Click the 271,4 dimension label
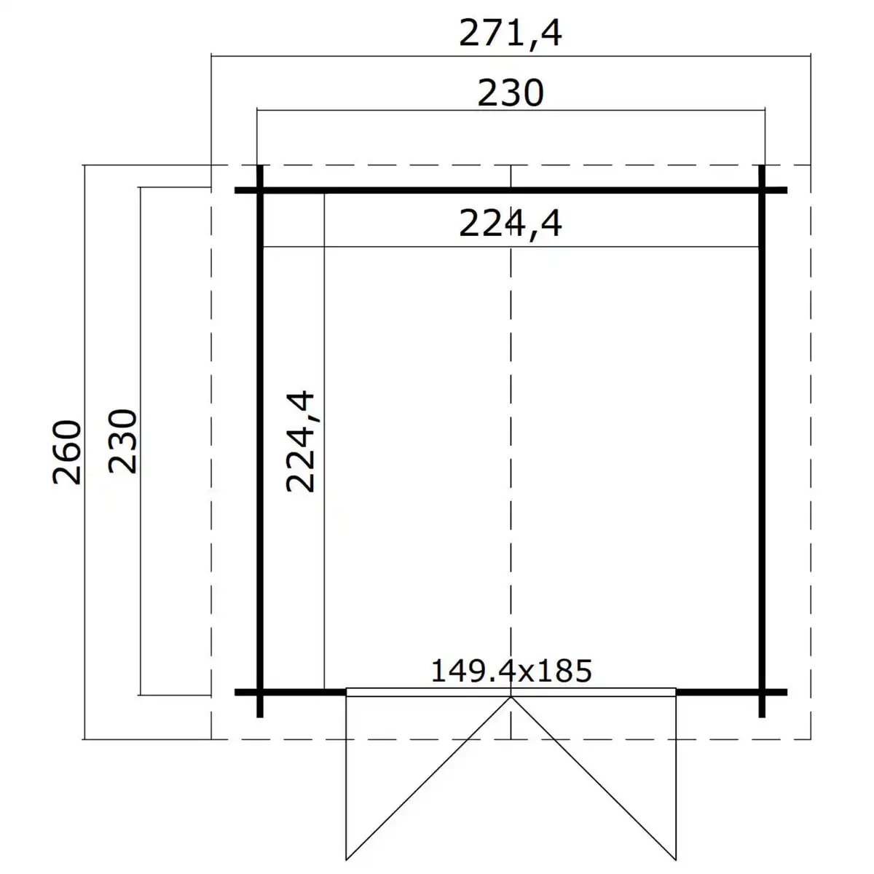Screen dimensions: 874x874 point(511,34)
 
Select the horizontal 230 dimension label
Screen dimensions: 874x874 point(511,94)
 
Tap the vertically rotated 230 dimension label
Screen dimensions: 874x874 point(122,441)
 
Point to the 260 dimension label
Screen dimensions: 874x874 point(68,452)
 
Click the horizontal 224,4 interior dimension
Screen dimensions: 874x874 point(511,224)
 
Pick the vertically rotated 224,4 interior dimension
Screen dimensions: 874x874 point(300,441)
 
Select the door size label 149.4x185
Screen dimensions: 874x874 point(511,670)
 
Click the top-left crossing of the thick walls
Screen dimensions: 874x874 point(260,191)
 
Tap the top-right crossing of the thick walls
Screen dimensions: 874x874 point(762,191)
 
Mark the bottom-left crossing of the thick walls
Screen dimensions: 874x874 point(260,691)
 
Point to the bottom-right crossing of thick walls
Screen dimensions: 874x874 point(762,691)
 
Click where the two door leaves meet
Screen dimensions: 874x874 point(511,697)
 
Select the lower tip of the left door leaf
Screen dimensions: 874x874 point(346,858)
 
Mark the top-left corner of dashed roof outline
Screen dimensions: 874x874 point(211,166)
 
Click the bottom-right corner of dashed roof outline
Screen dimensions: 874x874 point(811,739)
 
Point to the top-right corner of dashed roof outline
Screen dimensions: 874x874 point(811,166)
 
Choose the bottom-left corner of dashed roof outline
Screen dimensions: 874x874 point(211,739)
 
